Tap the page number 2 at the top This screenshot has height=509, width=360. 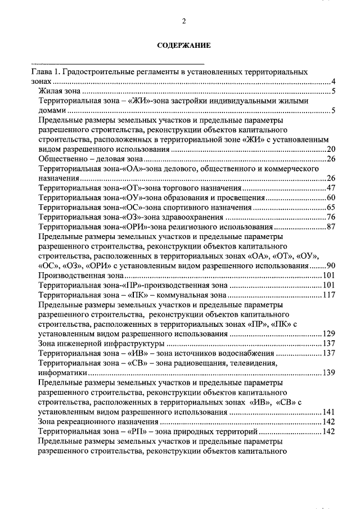[x=183, y=21]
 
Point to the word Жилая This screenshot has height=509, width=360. [x=48, y=92]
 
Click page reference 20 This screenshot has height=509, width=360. [x=331, y=150]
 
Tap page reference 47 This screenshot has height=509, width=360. [x=331, y=188]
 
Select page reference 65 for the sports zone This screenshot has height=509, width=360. [x=331, y=208]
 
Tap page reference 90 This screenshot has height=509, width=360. [x=331, y=265]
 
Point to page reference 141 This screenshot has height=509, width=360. [x=329, y=412]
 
